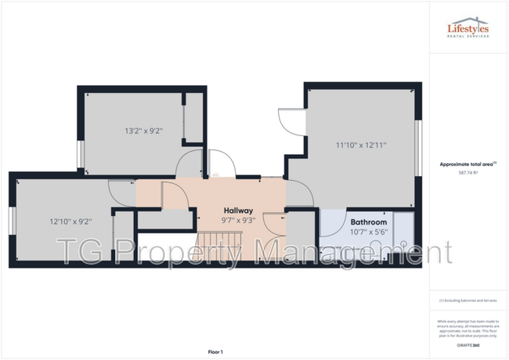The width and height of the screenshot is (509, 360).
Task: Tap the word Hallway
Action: point(238,211)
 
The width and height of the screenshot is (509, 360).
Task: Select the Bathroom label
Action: point(368,221)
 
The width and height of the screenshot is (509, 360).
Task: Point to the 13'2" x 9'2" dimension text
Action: point(143,131)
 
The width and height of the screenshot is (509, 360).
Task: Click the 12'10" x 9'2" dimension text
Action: point(68,221)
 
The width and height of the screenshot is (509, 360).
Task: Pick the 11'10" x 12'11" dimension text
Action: point(361,145)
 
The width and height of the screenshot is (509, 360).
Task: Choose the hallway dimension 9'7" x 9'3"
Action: point(238,221)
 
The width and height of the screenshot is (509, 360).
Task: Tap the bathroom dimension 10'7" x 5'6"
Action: point(368,232)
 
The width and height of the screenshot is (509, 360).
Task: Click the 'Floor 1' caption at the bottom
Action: point(215,351)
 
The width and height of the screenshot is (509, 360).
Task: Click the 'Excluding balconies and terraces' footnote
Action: point(467,301)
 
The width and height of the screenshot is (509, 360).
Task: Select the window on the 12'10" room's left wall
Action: point(12,221)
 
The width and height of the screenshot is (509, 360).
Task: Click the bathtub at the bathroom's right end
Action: point(404,233)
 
